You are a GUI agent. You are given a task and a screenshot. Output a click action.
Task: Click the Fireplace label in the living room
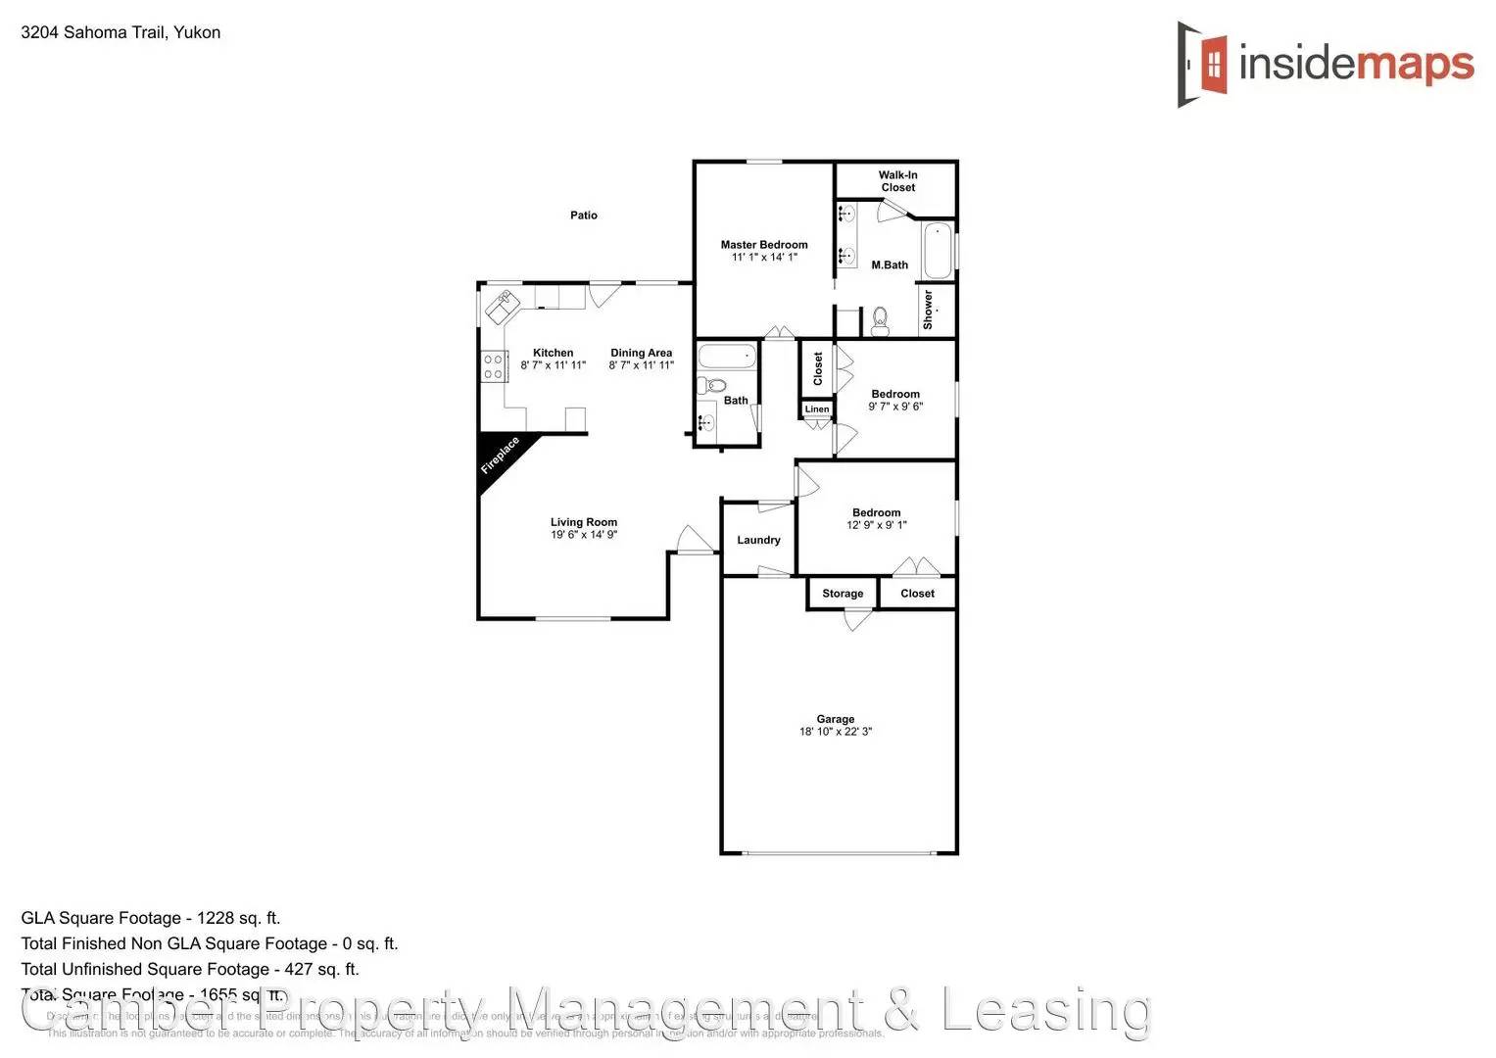pyautogui.click(x=500, y=456)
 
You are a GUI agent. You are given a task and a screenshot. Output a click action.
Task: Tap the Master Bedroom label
pyautogui.click(x=764, y=245)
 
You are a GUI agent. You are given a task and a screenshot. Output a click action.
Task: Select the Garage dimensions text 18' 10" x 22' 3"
pyautogui.click(x=836, y=732)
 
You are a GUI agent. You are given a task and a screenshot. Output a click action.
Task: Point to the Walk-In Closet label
pyautogui.click(x=897, y=181)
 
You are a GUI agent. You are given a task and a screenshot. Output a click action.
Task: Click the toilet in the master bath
pyautogui.click(x=879, y=320)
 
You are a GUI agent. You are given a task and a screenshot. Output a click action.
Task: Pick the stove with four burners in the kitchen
pyautogui.click(x=493, y=366)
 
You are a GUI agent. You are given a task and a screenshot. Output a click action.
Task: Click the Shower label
pyautogui.click(x=928, y=309)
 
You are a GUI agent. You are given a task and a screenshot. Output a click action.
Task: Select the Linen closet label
pyautogui.click(x=817, y=409)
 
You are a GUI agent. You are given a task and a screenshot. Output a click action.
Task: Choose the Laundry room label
pyautogui.click(x=758, y=540)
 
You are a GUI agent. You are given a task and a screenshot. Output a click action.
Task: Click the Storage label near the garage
pyautogui.click(x=843, y=594)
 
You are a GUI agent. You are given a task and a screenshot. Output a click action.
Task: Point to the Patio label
pyautogui.click(x=584, y=216)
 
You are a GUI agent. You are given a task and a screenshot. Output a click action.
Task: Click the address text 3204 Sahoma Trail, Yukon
pyautogui.click(x=121, y=32)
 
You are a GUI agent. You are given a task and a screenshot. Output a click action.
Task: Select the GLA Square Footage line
pyautogui.click(x=151, y=918)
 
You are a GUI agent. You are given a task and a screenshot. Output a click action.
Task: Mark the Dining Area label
pyautogui.click(x=642, y=353)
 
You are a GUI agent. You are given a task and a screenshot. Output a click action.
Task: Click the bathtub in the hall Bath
pyautogui.click(x=727, y=356)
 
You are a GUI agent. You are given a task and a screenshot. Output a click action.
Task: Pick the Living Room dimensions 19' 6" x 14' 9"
pyautogui.click(x=584, y=535)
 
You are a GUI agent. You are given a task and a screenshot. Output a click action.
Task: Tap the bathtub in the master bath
pyautogui.click(x=938, y=251)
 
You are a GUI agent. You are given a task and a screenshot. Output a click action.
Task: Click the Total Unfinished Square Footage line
pyautogui.click(x=190, y=969)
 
